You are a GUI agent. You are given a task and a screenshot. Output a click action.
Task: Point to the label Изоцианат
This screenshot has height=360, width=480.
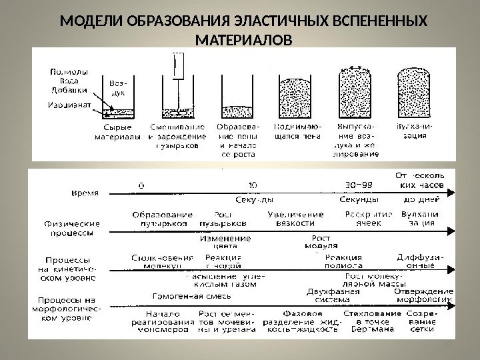68,105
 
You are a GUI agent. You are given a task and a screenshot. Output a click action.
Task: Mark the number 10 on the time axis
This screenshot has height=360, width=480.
251,181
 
